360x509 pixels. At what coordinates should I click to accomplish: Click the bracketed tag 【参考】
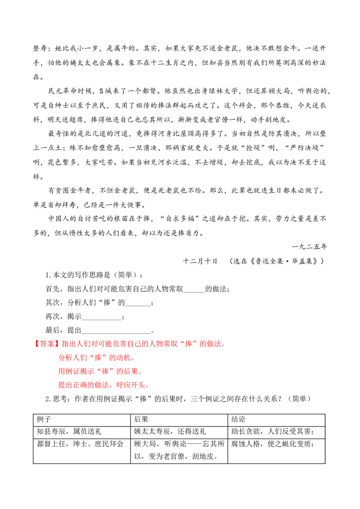point(46,344)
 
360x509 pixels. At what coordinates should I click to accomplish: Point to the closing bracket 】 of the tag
point(57,344)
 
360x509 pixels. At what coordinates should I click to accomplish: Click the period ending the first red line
point(224,345)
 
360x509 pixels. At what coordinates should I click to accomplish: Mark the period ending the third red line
point(140,373)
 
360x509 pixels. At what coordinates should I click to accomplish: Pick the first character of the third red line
point(61,372)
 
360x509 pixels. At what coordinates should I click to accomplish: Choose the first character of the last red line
point(61,385)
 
